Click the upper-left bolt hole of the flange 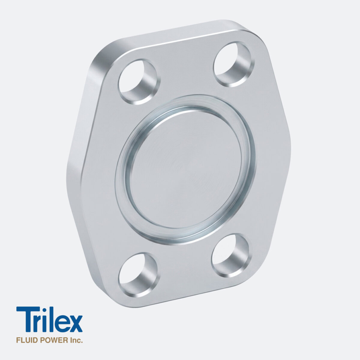[x=139, y=82]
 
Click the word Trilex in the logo [x=49, y=319]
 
